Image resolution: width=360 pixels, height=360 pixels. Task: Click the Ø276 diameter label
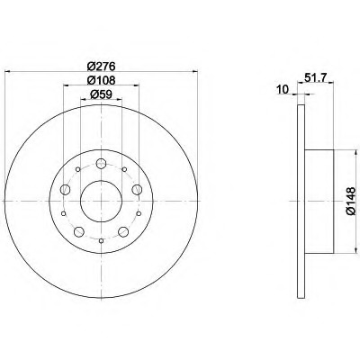pyautogui.click(x=102, y=66)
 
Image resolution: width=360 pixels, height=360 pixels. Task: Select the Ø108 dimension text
pyautogui.click(x=102, y=80)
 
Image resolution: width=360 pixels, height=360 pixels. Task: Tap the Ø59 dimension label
pyautogui.click(x=102, y=94)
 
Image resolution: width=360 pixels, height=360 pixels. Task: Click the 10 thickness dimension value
pyautogui.click(x=283, y=89)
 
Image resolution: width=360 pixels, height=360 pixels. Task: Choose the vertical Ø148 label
pyautogui.click(x=350, y=201)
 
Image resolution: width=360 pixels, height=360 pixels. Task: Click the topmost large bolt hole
pyautogui.click(x=101, y=164)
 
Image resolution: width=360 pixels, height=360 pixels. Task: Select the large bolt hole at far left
pyautogui.click(x=65, y=190)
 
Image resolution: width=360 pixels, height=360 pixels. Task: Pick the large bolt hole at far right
pyautogui.click(x=137, y=190)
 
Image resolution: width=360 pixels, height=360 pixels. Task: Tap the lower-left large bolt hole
pyautogui.click(x=79, y=231)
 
